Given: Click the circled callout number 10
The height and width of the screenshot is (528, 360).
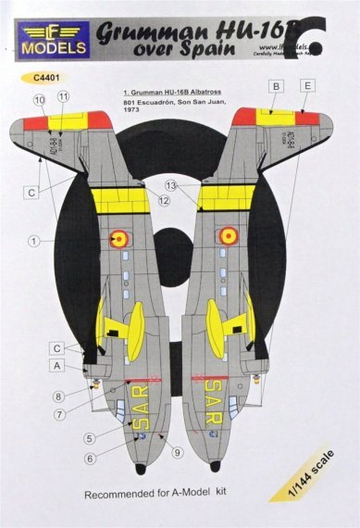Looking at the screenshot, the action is click(39, 97).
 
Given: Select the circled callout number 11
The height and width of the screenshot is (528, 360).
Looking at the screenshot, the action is click(63, 96).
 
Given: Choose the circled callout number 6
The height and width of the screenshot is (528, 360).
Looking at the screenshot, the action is click(91, 459).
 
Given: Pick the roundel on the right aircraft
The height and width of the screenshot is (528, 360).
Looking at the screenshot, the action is click(227, 235).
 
